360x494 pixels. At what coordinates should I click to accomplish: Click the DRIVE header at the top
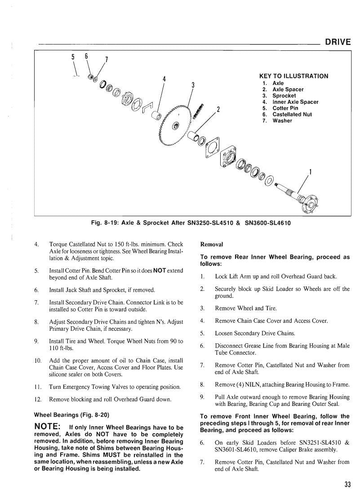[338, 42]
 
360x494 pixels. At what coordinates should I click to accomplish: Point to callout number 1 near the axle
[310, 172]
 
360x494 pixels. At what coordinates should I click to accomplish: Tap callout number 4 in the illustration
[164, 79]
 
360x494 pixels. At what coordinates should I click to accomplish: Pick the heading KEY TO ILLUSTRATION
[293, 76]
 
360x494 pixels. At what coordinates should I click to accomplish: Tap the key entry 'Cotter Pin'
[285, 108]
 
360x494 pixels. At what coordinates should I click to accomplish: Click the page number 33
[347, 484]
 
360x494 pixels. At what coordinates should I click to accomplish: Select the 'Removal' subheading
[212, 245]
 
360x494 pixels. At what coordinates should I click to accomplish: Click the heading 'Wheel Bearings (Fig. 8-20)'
[71, 415]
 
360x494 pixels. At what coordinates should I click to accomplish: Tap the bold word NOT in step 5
[160, 271]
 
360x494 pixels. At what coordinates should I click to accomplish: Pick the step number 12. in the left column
[38, 400]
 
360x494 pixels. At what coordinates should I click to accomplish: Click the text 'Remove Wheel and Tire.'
[246, 308]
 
